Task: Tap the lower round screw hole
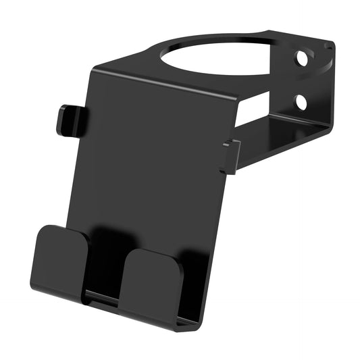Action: [x=301, y=101]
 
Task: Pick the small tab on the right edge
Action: [x=230, y=155]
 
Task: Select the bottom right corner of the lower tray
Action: [x=196, y=324]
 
